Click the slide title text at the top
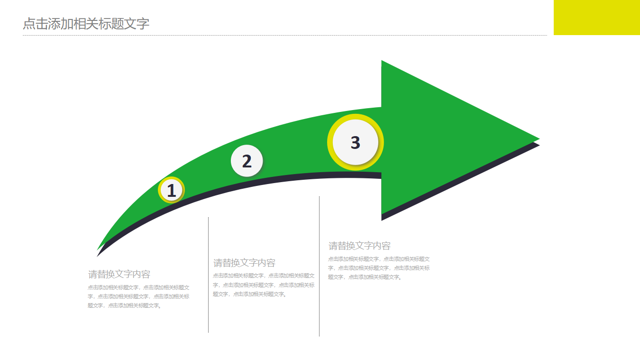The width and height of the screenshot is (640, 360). (x=86, y=24)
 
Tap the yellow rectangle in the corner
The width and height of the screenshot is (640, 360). (x=596, y=17)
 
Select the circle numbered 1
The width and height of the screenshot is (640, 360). (x=171, y=190)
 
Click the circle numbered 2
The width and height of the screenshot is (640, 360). (x=247, y=161)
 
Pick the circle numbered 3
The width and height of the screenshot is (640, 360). (x=355, y=142)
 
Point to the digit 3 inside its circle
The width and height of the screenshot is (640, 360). (x=355, y=142)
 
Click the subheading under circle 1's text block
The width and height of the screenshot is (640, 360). (x=119, y=274)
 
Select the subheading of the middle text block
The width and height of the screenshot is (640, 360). (x=244, y=263)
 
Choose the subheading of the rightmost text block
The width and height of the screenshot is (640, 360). (x=359, y=246)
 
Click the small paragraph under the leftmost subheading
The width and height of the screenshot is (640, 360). (x=138, y=296)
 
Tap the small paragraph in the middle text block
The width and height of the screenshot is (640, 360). (x=264, y=285)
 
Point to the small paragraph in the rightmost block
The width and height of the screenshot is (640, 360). (x=379, y=268)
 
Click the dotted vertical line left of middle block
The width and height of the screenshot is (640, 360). (x=208, y=275)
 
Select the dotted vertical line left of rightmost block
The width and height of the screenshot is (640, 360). (x=319, y=266)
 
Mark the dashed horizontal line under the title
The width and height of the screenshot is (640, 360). (x=284, y=35)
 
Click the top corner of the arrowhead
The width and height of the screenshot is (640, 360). (x=382, y=62)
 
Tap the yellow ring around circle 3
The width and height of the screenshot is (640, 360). (x=330, y=142)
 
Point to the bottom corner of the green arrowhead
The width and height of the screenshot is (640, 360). (x=382, y=213)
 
